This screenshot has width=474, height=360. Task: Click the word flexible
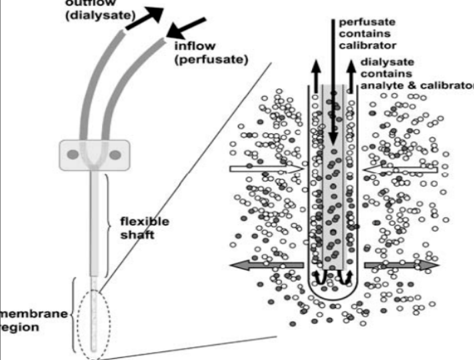(144, 221)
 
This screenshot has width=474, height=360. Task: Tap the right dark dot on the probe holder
(115, 156)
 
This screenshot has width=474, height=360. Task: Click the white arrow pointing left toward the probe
(401, 169)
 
